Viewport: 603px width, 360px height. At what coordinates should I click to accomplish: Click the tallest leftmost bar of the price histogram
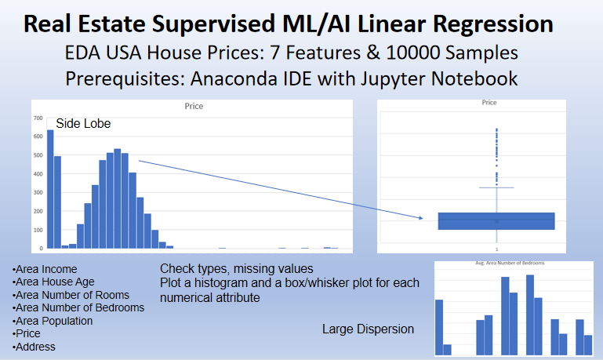(50, 188)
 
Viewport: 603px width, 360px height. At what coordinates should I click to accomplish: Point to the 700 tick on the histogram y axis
(38, 118)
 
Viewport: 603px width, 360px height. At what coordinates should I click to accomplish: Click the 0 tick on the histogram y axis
(41, 248)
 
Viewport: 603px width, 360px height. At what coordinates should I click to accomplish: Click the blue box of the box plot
(496, 221)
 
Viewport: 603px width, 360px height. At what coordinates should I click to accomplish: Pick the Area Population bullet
(53, 321)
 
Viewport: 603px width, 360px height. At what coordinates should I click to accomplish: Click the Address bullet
(35, 346)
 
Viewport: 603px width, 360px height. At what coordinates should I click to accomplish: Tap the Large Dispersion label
(368, 329)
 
